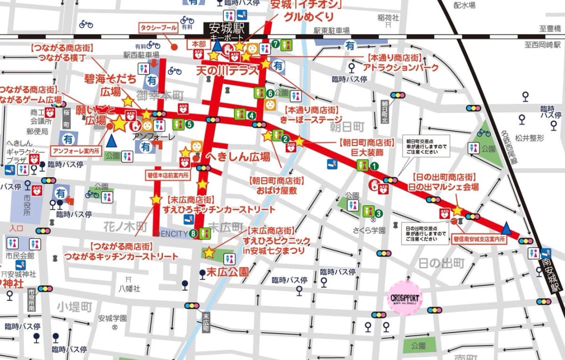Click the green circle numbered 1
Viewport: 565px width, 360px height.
374,166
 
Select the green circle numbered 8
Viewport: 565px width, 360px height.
193,233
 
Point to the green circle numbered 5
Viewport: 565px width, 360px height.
189,124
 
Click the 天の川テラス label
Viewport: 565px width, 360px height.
228,71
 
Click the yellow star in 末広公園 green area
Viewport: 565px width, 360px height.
209,253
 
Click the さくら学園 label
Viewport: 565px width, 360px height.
370,230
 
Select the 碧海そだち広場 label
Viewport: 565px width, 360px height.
110,84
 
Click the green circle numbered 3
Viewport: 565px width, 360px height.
379,213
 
